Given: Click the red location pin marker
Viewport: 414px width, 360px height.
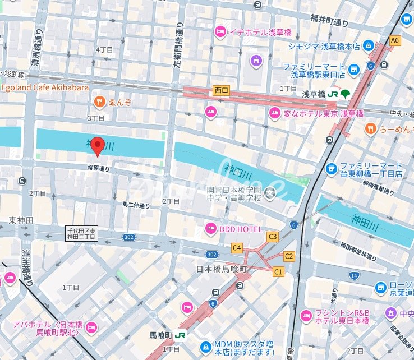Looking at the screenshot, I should click(x=98, y=146).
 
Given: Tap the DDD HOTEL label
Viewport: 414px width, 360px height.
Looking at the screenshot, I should click(x=242, y=228).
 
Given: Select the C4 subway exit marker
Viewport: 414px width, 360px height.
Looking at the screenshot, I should click(x=237, y=247).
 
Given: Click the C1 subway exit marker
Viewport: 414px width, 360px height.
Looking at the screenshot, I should click(x=278, y=271).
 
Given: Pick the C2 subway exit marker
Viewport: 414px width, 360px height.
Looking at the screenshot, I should click(x=288, y=256).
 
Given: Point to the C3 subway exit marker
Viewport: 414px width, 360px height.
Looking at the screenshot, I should click(x=273, y=237).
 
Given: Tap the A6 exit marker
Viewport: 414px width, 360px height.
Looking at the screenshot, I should click(x=395, y=40).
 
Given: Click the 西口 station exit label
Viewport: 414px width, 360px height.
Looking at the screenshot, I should click(x=222, y=90).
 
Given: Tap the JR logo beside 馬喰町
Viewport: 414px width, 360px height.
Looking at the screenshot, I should click(x=181, y=335).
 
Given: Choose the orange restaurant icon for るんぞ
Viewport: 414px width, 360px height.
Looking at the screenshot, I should click(x=99, y=101).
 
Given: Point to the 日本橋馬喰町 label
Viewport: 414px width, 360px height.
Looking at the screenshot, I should click(x=222, y=269).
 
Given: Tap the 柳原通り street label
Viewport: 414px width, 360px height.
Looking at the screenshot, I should click(x=99, y=167).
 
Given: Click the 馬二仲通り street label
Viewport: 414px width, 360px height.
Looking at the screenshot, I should click(x=136, y=205).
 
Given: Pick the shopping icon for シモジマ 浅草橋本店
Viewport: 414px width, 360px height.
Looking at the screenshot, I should click(x=368, y=45).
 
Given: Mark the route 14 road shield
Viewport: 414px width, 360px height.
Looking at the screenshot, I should click(x=353, y=275).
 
